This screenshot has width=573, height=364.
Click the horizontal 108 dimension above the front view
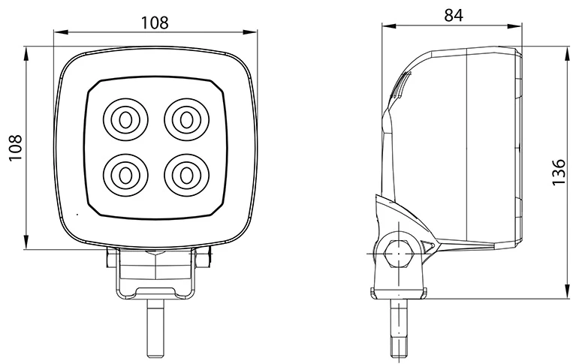(155, 22)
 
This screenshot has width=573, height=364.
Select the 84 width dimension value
(453, 14)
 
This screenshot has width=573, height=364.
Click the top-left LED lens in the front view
(122, 119)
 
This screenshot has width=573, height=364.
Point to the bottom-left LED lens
(122, 175)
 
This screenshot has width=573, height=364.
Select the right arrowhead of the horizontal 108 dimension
(251, 32)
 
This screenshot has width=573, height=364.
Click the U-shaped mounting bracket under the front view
(155, 281)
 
